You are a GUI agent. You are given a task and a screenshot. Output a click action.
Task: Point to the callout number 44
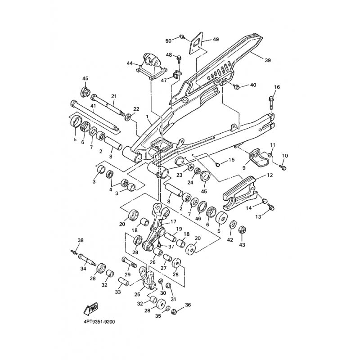pos(130,63)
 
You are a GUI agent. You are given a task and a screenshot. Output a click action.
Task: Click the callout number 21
pos(113,96)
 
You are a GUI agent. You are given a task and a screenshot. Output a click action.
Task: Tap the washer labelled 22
pos(128,117)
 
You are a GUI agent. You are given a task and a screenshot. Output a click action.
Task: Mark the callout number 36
pos(188,305)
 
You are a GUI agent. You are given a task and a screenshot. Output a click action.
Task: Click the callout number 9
pos(243,168)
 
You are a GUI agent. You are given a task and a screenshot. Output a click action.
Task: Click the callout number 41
pos(93,107)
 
